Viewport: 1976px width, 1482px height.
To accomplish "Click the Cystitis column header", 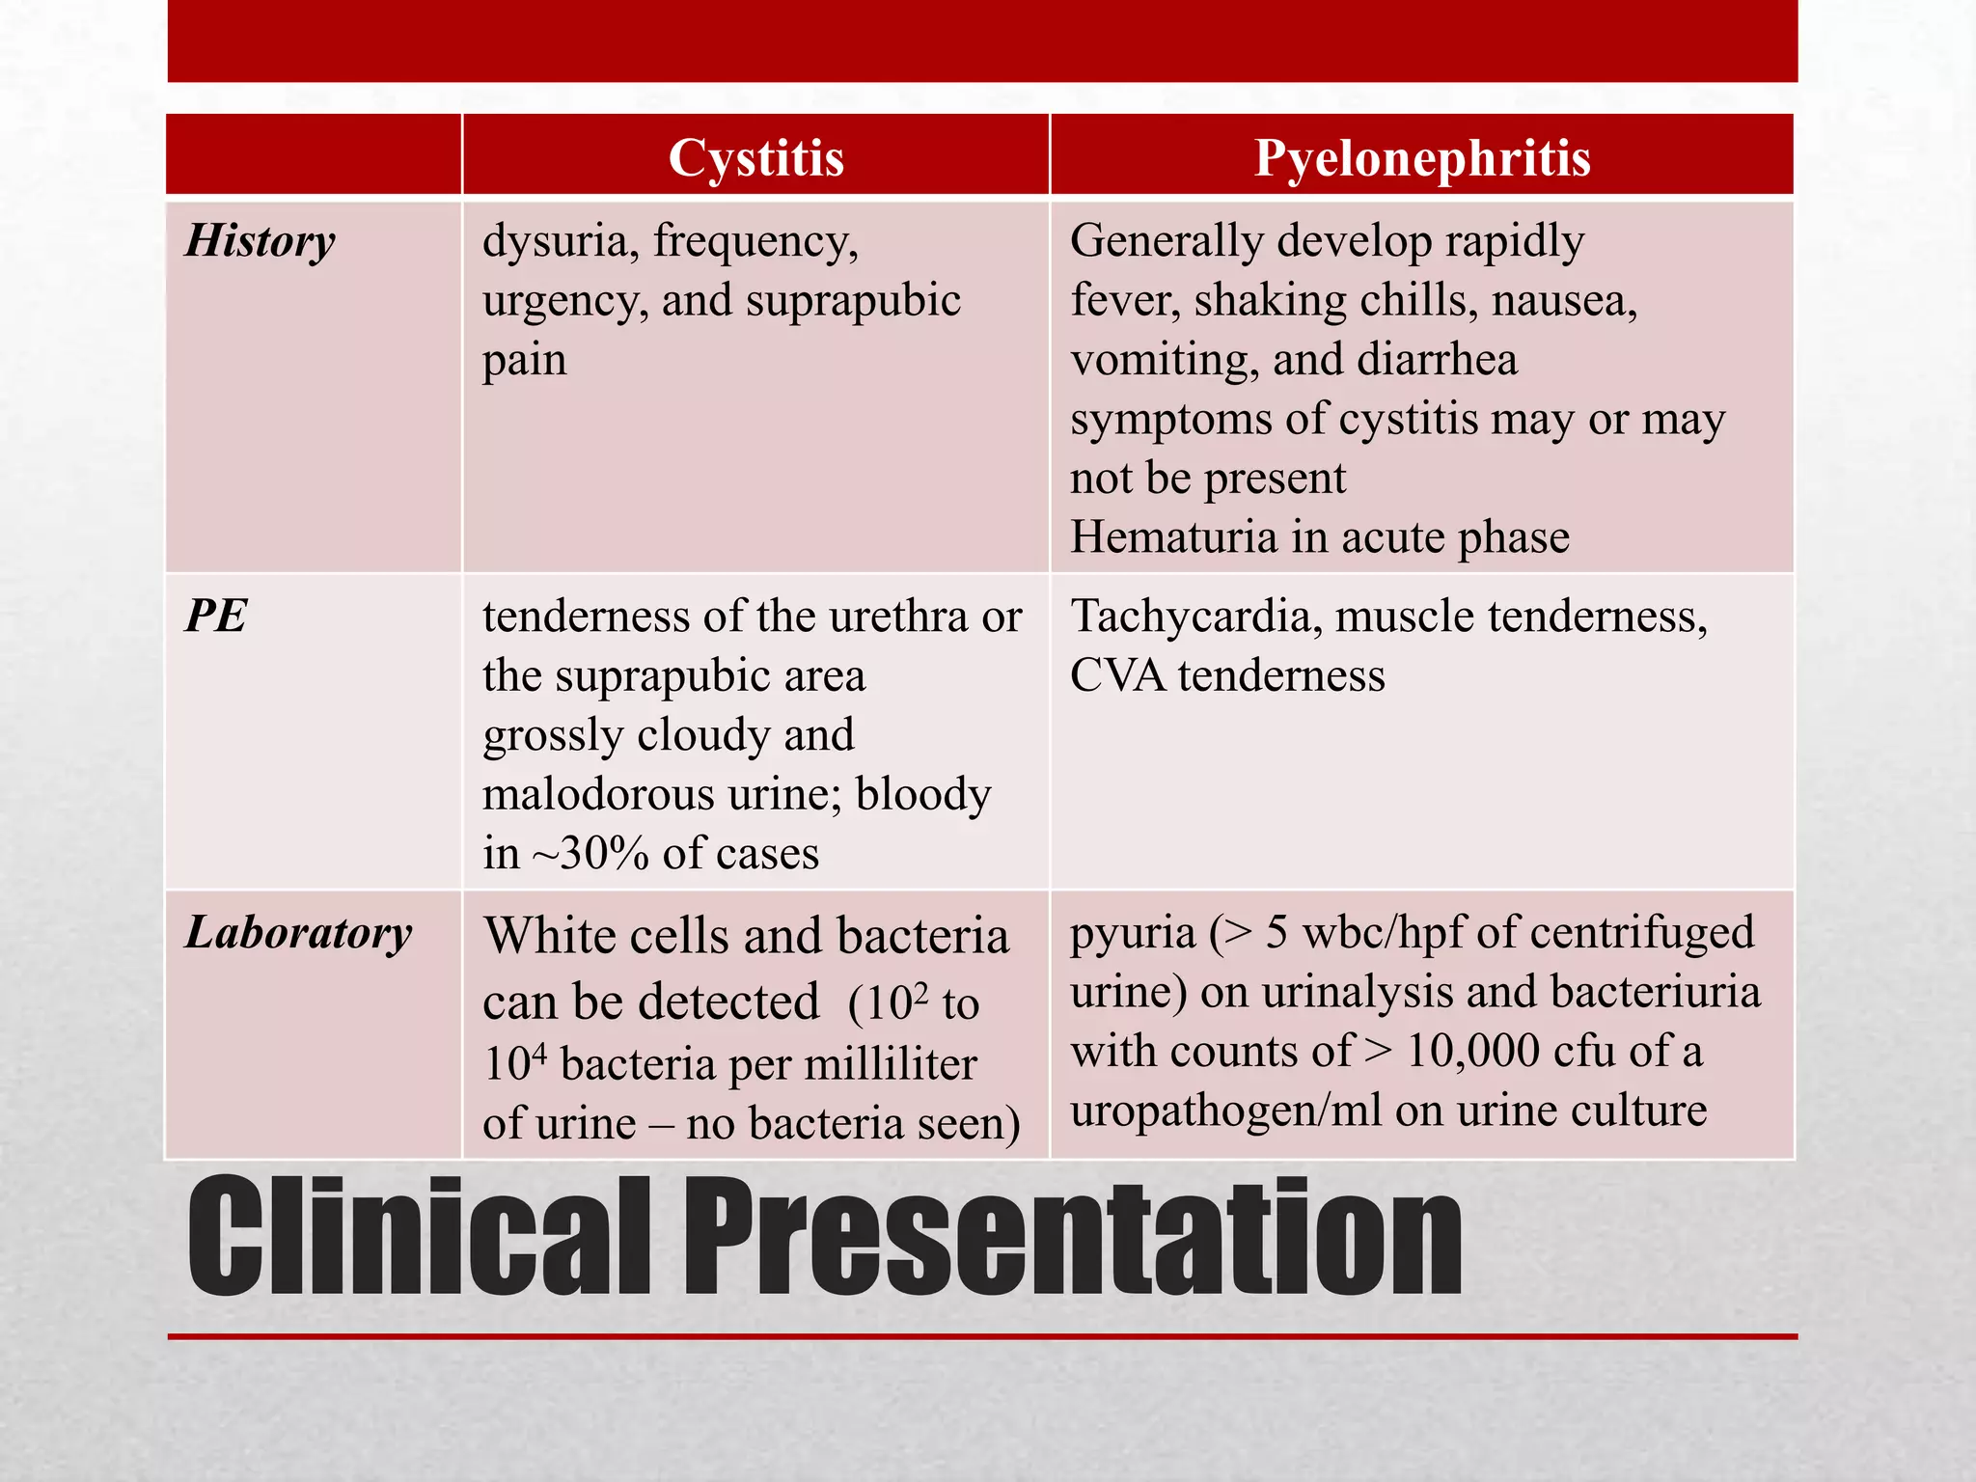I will [x=755, y=157].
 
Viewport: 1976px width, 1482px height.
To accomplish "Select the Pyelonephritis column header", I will [x=1422, y=157].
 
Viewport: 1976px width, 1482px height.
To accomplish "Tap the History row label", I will [x=261, y=241].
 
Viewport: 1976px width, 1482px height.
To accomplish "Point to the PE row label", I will [x=216, y=616].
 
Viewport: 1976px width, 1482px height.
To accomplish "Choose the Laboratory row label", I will [x=298, y=933].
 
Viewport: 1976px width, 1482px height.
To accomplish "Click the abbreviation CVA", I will [x=1117, y=675].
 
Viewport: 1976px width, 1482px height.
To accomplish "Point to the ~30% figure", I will [x=590, y=854].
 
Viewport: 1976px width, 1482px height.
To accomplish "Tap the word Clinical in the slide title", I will [x=419, y=1237].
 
